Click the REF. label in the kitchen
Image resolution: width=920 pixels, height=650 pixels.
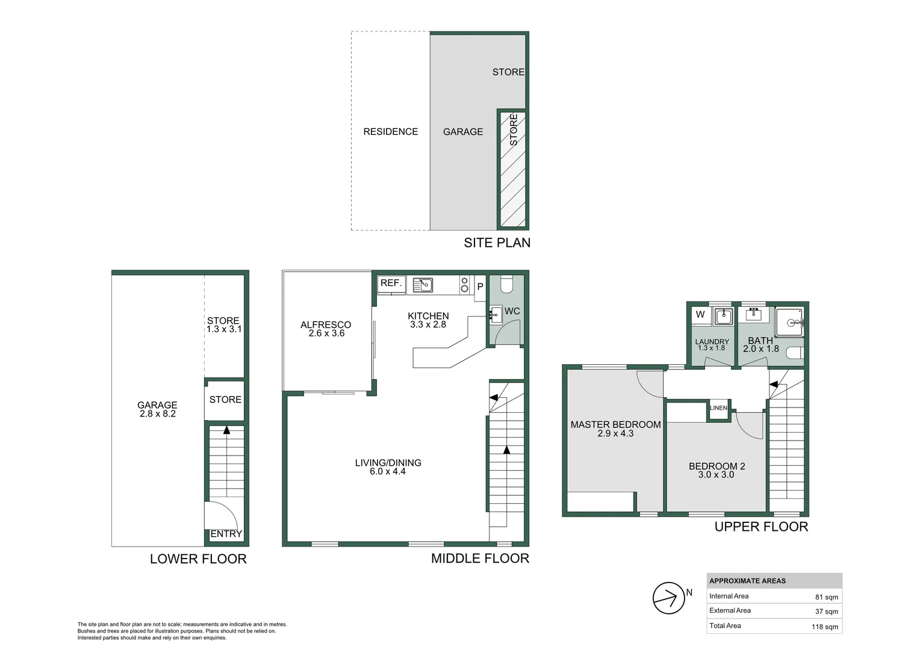click(391, 283)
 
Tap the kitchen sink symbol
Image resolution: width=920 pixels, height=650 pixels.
click(423, 284)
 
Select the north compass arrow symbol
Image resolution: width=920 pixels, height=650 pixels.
click(668, 598)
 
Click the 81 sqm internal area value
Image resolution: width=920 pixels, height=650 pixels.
click(826, 597)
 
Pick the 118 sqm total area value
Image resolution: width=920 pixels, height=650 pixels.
click(824, 627)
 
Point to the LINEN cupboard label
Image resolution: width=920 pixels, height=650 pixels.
click(718, 408)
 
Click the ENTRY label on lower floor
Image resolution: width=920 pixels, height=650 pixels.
click(226, 534)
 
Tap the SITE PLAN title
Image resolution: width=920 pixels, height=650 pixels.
click(497, 243)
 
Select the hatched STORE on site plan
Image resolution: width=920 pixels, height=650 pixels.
click(512, 170)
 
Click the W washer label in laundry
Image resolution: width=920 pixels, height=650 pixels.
click(700, 314)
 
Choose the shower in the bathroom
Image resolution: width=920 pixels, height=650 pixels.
click(789, 322)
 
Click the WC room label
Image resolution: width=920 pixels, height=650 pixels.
click(512, 311)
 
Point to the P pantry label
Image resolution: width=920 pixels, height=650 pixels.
click(480, 286)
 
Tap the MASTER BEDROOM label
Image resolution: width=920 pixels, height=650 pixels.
click(615, 424)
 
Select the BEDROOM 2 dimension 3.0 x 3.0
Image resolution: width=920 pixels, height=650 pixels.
click(716, 475)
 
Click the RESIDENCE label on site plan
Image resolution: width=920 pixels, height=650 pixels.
click(390, 131)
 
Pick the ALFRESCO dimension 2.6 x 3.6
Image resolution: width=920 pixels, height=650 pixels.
click(326, 333)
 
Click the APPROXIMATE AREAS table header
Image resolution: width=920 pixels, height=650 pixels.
click(747, 581)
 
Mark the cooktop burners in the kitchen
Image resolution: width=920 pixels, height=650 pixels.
click(464, 285)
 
